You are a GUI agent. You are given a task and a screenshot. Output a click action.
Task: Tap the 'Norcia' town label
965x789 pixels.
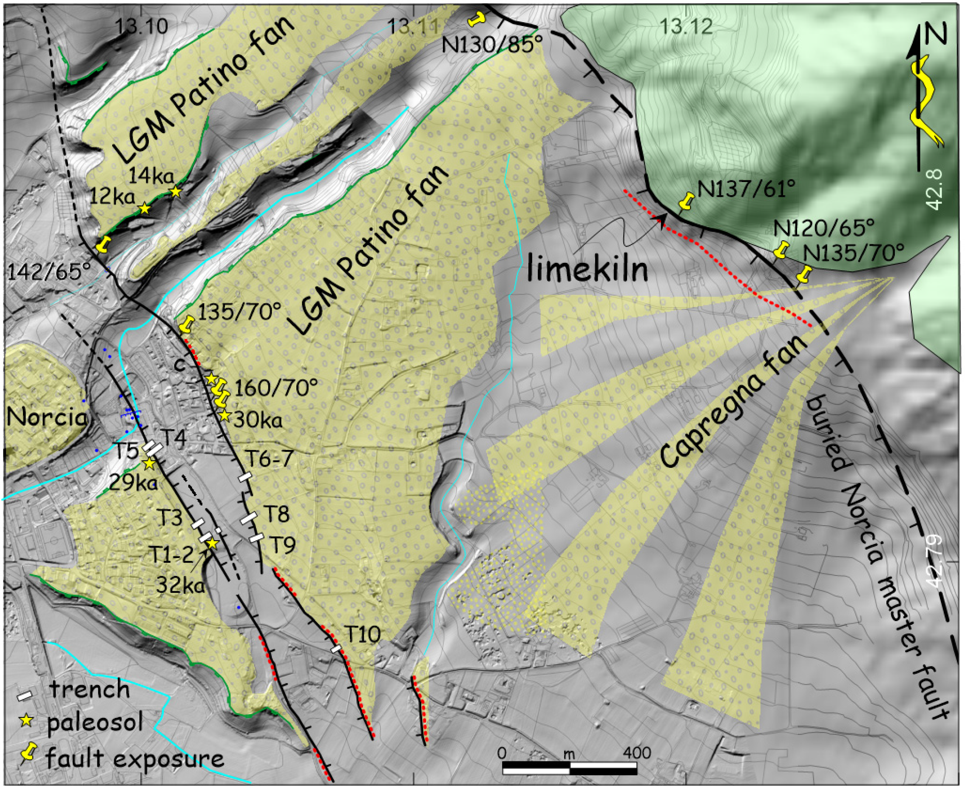click(x=46, y=416)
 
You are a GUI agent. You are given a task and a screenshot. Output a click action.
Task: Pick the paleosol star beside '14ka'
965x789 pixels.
click(x=176, y=192)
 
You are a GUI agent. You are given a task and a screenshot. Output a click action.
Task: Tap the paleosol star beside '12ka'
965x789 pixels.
click(x=145, y=208)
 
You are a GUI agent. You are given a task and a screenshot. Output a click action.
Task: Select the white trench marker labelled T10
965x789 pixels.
click(x=336, y=649)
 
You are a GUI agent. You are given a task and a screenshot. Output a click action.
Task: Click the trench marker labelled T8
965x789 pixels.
click(x=249, y=518)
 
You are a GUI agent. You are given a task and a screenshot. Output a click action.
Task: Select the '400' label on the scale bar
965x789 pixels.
click(x=636, y=753)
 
